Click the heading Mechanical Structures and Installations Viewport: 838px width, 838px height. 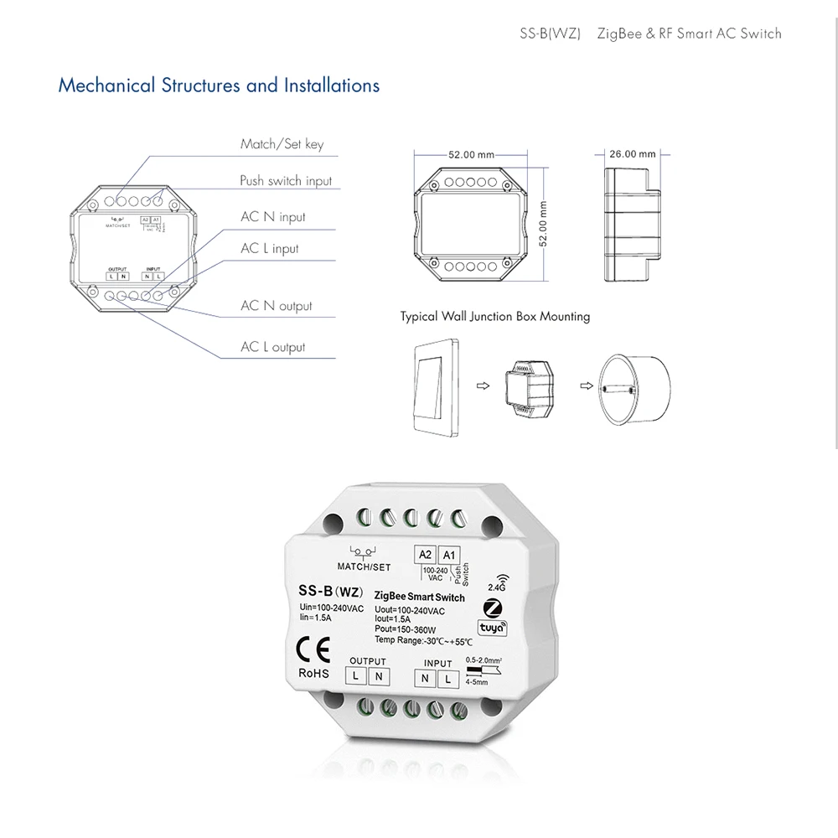click(218, 85)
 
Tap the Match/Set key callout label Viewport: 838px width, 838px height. click(282, 144)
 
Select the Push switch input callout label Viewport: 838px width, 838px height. click(285, 181)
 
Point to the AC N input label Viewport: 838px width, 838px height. click(273, 217)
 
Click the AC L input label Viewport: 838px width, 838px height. click(270, 249)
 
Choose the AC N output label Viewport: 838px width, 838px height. click(276, 306)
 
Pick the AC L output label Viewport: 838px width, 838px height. click(273, 347)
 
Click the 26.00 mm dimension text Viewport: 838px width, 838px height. click(633, 154)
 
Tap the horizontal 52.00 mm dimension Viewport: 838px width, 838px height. click(471, 155)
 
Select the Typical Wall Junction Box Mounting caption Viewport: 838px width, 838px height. click(494, 317)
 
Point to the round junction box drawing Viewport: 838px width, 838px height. click(633, 385)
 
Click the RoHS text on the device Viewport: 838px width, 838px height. click(313, 672)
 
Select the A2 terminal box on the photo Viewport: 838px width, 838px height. click(425, 555)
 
